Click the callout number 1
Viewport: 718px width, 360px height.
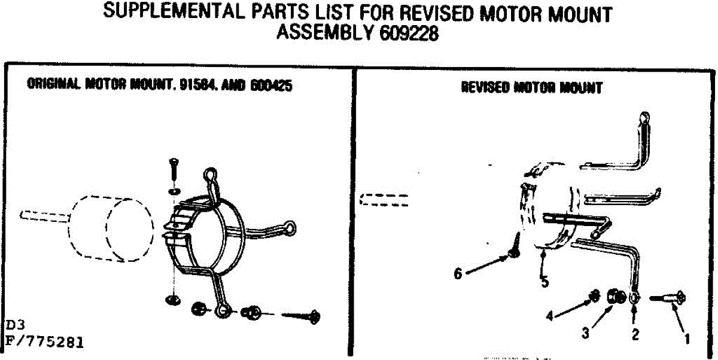point(687,338)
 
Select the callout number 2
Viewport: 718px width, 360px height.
point(635,334)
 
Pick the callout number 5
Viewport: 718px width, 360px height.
point(544,282)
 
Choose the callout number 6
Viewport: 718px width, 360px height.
point(458,273)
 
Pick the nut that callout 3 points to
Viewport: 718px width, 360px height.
point(614,295)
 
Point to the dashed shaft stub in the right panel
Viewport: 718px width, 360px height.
point(385,200)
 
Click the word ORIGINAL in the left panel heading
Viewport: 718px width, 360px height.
point(54,86)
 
